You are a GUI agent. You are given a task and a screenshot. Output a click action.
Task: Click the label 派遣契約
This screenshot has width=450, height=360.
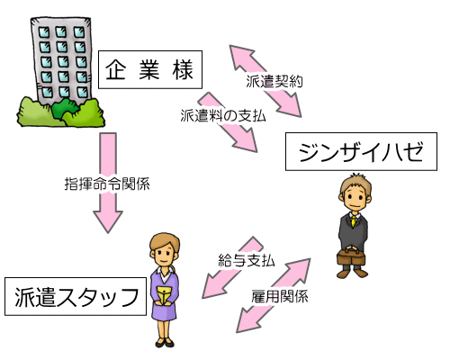click(x=274, y=81)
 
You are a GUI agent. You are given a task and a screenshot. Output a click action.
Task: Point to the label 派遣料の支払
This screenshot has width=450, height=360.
click(x=223, y=115)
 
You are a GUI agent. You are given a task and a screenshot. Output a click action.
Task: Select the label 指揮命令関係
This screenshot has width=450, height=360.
click(x=107, y=184)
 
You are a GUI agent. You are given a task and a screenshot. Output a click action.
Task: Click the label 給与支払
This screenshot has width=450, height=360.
click(x=247, y=260)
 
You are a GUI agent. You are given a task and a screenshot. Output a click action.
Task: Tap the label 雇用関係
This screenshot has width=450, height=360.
click(x=280, y=296)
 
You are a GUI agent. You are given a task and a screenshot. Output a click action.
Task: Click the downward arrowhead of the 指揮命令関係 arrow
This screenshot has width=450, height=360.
click(x=108, y=221)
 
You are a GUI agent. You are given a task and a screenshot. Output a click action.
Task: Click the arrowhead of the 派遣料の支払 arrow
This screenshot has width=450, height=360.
click(x=247, y=140)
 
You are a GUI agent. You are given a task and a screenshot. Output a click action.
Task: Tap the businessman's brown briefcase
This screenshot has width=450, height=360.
click(x=351, y=256)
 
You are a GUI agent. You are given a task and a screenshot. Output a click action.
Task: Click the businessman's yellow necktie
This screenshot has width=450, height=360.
click(x=354, y=220)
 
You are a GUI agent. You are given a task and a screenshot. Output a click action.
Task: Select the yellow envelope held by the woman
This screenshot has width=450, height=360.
click(x=164, y=294)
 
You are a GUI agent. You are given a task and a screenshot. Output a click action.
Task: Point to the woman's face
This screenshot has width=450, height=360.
click(x=164, y=254)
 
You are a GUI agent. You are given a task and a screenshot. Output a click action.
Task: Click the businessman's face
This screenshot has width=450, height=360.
click(x=355, y=198)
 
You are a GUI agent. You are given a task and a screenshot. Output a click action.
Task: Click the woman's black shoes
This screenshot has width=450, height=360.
click(x=165, y=342)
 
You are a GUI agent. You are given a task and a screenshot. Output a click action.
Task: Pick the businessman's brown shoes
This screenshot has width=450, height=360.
click(x=352, y=273)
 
